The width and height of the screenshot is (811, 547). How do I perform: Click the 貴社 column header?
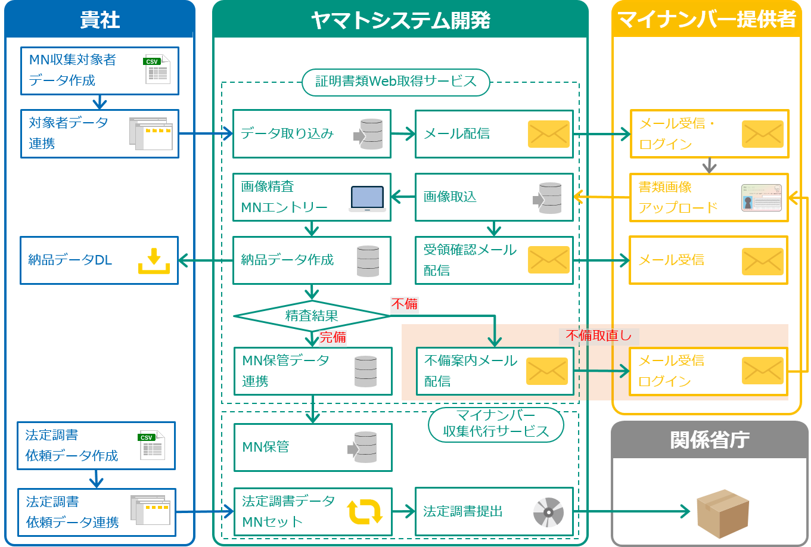[100, 20]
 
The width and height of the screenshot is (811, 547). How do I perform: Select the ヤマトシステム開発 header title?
[400, 20]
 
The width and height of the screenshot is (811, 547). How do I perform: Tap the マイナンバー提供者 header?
[706, 20]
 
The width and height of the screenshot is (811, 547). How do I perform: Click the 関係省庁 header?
[709, 440]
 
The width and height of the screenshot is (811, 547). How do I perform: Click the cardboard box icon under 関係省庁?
[722, 513]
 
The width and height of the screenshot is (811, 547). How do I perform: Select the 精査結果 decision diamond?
[312, 316]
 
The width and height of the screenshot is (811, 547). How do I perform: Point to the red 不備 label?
[405, 304]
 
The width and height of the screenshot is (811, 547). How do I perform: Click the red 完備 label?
[333, 337]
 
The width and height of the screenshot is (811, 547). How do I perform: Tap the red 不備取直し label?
[599, 335]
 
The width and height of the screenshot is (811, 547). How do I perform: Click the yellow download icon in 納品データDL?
[154, 260]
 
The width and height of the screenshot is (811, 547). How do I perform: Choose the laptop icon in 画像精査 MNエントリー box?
[367, 198]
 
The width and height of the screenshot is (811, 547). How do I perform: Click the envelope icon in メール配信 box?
[548, 134]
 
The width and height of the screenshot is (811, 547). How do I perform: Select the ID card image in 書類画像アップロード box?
[761, 198]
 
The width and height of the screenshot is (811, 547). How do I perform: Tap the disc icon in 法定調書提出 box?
[548, 512]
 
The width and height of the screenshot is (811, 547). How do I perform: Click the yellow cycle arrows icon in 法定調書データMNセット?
[365, 512]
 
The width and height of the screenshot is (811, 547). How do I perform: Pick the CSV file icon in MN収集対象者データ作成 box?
[157, 70]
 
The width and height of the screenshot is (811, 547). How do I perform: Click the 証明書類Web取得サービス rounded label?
[396, 82]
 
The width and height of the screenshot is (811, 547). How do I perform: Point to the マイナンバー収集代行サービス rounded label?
[496, 424]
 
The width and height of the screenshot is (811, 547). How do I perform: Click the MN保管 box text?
[266, 447]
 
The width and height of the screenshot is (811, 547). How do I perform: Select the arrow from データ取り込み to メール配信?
[403, 134]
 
